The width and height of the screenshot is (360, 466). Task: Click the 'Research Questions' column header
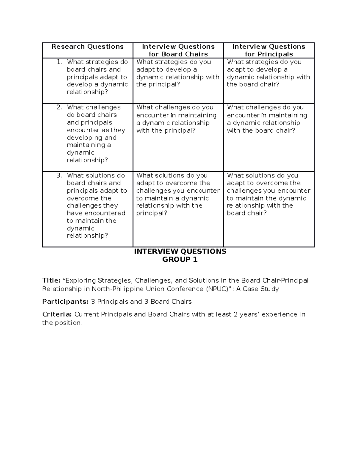87,47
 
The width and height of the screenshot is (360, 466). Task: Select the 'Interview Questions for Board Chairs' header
178,50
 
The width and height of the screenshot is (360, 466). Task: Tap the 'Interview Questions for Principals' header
268,50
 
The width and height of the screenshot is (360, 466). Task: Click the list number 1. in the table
59,62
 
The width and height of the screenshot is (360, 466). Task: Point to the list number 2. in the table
59,107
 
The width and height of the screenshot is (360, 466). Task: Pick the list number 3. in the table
59,176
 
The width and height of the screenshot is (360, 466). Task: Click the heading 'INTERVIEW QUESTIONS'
180,251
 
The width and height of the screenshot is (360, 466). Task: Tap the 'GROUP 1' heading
180,260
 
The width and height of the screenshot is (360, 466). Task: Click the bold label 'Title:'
52,281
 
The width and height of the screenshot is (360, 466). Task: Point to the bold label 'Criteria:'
57,314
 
